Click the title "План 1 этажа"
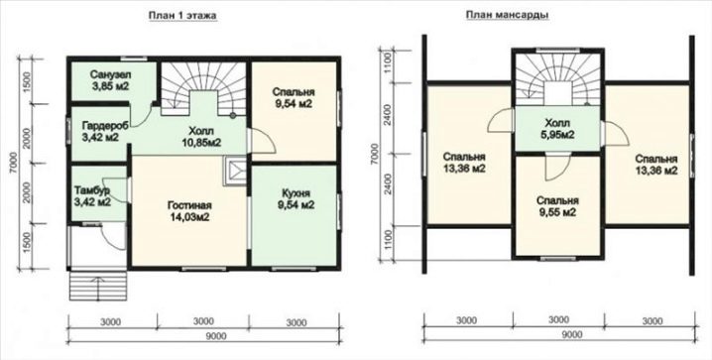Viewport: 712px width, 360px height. click(x=183, y=16)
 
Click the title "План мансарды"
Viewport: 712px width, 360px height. click(x=507, y=15)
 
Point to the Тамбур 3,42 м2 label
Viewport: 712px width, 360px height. click(x=92, y=195)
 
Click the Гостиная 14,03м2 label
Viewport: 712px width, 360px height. click(x=188, y=210)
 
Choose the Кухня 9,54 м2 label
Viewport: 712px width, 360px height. click(x=296, y=198)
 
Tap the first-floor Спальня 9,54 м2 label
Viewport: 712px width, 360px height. click(x=294, y=97)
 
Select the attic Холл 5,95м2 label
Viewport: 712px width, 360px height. click(x=557, y=129)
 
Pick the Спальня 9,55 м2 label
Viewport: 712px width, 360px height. click(x=557, y=206)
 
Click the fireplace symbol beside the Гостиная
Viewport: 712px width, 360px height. click(x=236, y=172)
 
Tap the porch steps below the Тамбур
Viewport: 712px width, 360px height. click(x=97, y=287)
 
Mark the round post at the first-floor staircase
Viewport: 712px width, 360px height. click(x=233, y=115)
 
